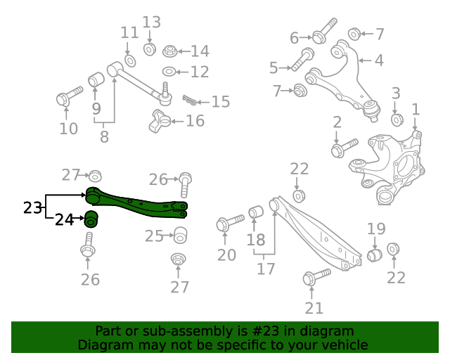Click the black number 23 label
point(32,207)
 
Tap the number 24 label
point(64,220)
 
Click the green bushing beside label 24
point(91,219)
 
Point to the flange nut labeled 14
point(169,51)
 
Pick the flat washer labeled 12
point(170,72)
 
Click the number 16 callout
point(195,121)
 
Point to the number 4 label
point(379,60)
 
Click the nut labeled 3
point(396,120)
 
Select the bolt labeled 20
point(229,224)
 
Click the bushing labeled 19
point(375,253)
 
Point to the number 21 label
point(314,307)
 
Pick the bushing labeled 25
point(180,234)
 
